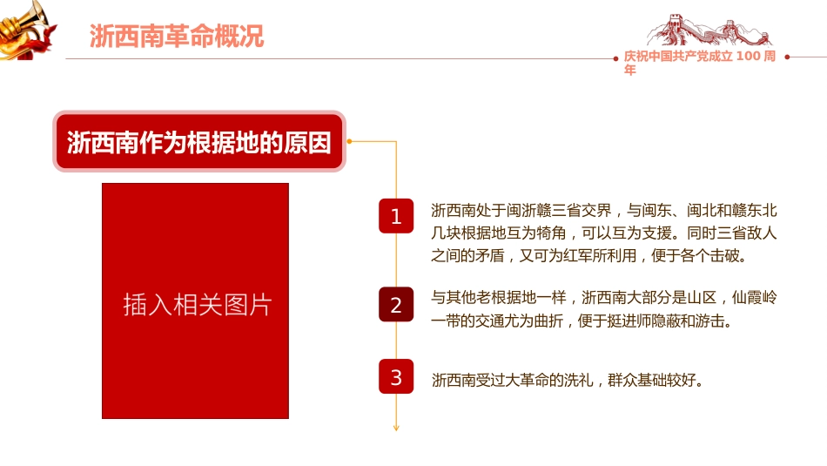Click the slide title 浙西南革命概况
coord(177,36)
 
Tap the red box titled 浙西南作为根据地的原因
coord(199,141)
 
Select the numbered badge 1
coord(396,216)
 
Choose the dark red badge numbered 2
coord(396,305)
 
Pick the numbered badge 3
coord(396,377)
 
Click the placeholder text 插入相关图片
coord(197,305)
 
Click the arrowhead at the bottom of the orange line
coord(396,427)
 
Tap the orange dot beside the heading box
coord(349,140)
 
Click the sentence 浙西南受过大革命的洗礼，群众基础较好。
coord(567,381)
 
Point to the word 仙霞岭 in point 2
coord(754,298)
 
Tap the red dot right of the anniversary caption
coord(787,57)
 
